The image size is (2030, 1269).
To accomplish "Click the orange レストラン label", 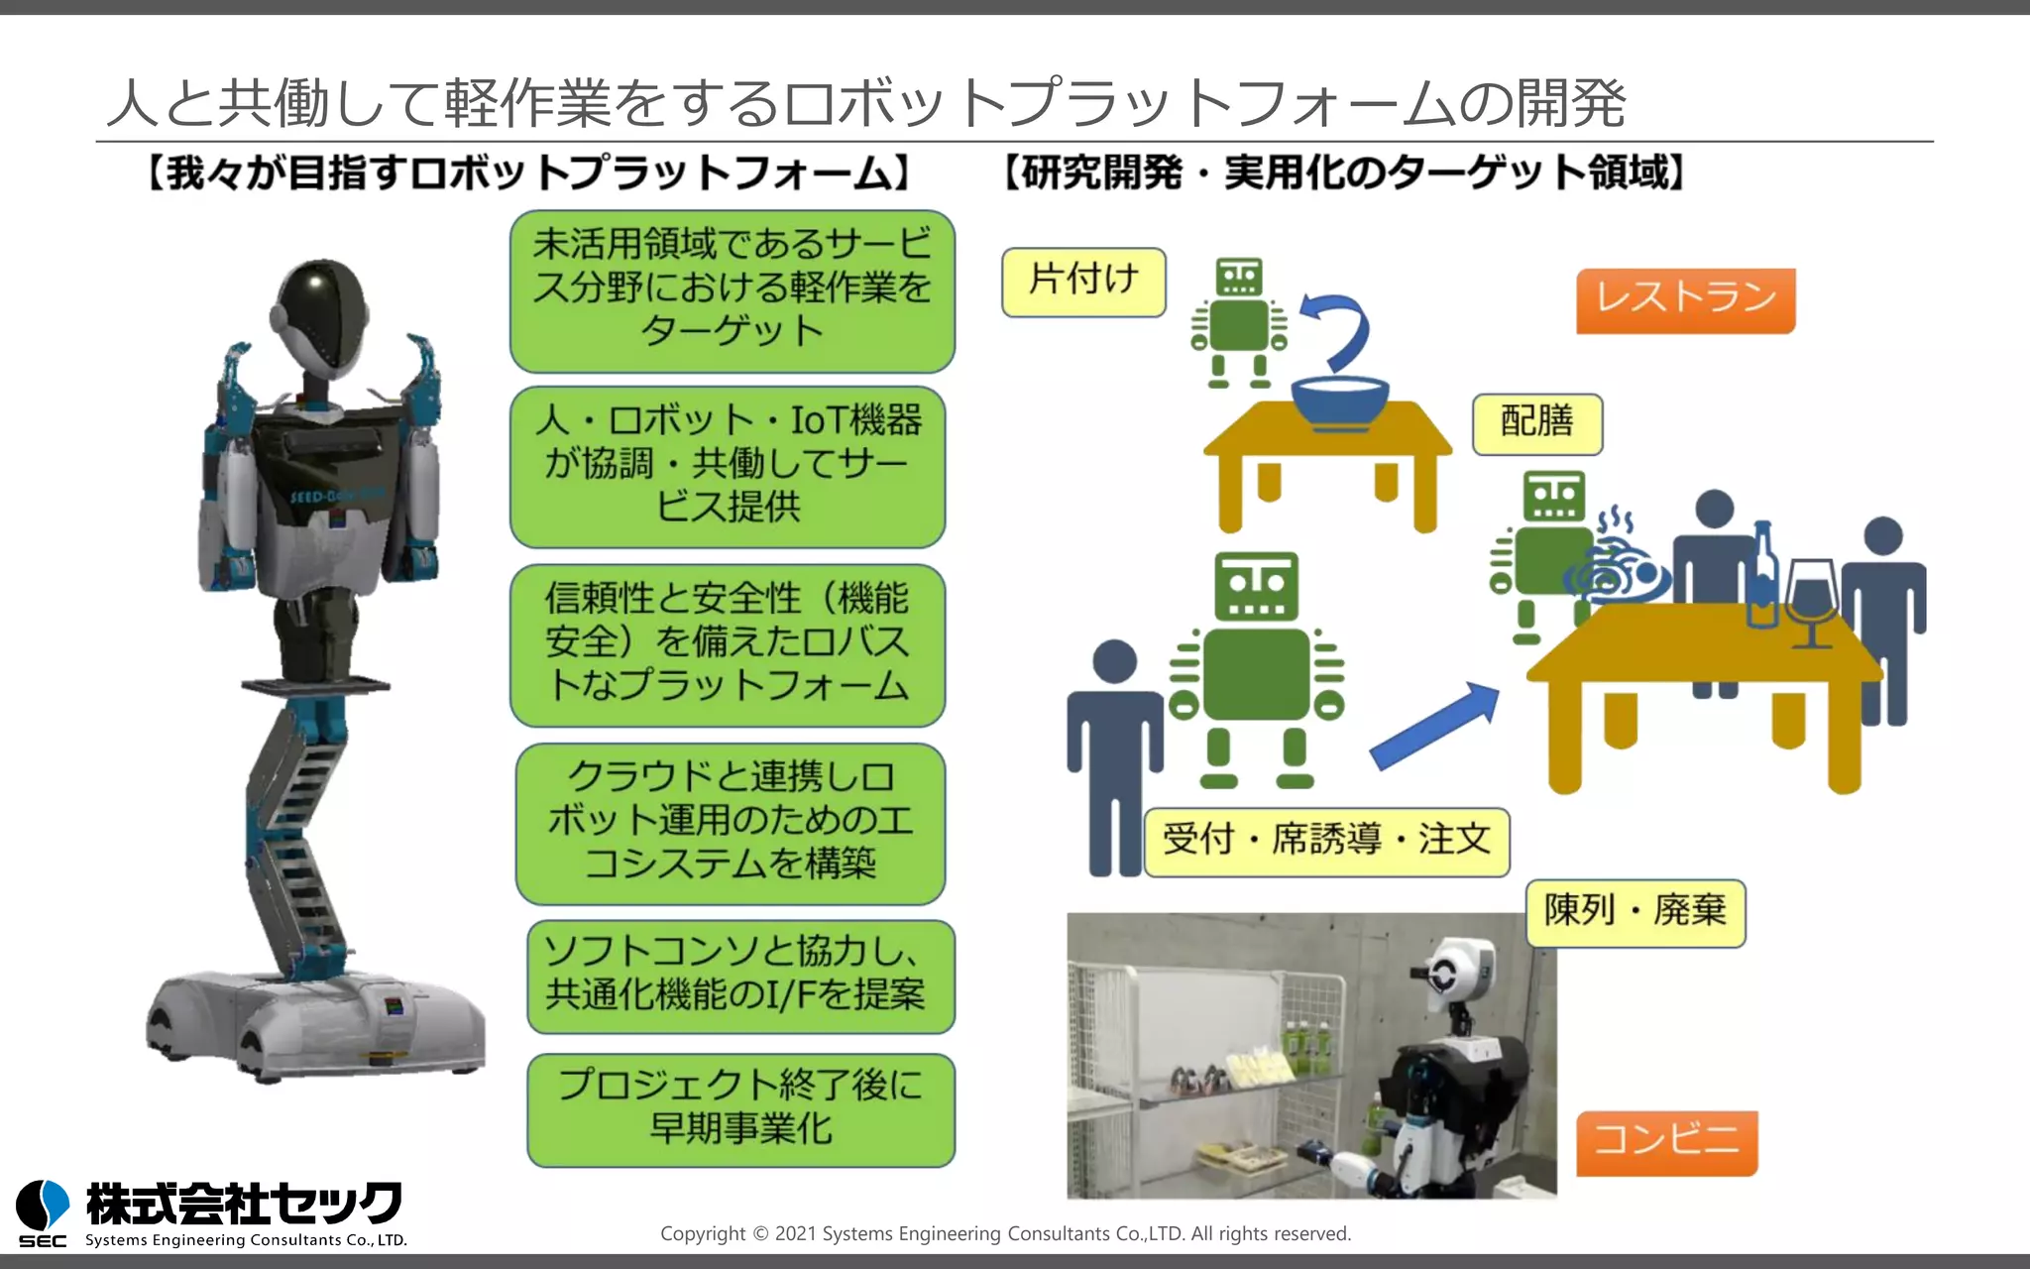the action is tap(1685, 300).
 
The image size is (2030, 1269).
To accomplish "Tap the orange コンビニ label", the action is tap(1666, 1142).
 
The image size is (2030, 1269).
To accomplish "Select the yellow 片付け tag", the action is tap(1083, 283).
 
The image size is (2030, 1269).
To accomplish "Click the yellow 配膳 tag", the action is tap(1536, 423).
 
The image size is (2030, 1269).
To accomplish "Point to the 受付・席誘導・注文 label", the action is tap(1326, 842).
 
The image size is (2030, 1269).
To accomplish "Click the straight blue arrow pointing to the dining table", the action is tap(1435, 726).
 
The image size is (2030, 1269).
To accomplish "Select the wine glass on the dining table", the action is tap(1812, 599).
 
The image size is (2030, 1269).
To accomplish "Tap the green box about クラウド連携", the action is tap(731, 823).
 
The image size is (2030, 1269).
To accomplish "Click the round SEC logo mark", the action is tap(43, 1206).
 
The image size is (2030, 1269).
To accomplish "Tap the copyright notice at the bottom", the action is tap(1005, 1234).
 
